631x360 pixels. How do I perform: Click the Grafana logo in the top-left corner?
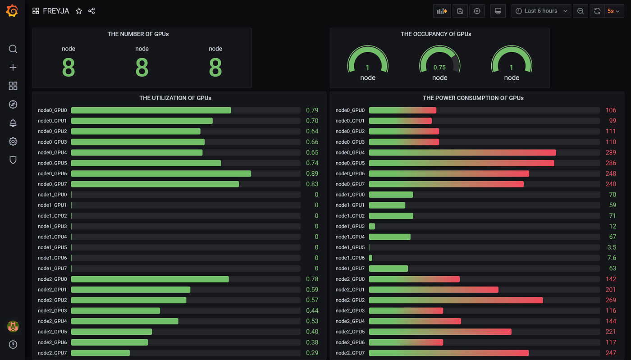pyautogui.click(x=13, y=11)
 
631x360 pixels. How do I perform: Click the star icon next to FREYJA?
pyautogui.click(x=79, y=11)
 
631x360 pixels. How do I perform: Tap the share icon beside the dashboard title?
pyautogui.click(x=91, y=11)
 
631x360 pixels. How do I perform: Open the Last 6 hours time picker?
pyautogui.click(x=541, y=11)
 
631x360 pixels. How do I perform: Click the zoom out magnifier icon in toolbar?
pyautogui.click(x=581, y=11)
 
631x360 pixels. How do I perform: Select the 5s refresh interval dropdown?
pyautogui.click(x=613, y=11)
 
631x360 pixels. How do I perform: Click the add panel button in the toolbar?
pyautogui.click(x=442, y=11)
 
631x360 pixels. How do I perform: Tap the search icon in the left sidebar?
pyautogui.click(x=13, y=49)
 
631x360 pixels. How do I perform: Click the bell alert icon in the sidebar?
pyautogui.click(x=13, y=123)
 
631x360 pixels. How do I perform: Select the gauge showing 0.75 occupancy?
pyautogui.click(x=439, y=63)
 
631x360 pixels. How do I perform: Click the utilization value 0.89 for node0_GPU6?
pyautogui.click(x=312, y=173)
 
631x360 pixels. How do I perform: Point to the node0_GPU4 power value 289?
pyautogui.click(x=611, y=152)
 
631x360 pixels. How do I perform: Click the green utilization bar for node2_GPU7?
pyautogui.click(x=101, y=353)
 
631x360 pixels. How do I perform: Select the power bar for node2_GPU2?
pyautogui.click(x=456, y=300)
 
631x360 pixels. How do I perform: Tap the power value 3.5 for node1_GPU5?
pyautogui.click(x=612, y=247)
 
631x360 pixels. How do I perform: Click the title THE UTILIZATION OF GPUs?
pyautogui.click(x=175, y=98)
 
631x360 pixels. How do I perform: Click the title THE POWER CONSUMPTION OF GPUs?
pyautogui.click(x=473, y=98)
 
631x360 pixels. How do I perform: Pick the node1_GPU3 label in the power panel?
pyautogui.click(x=350, y=226)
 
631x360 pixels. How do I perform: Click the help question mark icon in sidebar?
pyautogui.click(x=13, y=345)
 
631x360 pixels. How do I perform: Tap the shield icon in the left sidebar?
pyautogui.click(x=13, y=160)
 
